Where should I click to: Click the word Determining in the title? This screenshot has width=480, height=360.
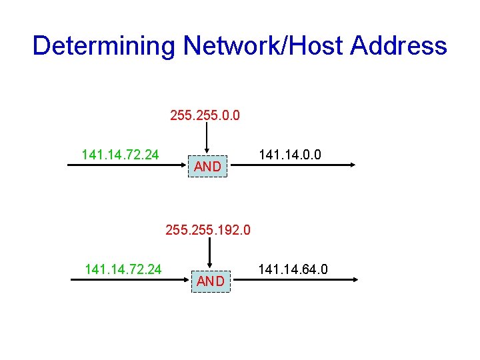click(x=103, y=46)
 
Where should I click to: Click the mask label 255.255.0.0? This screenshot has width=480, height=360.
click(x=205, y=117)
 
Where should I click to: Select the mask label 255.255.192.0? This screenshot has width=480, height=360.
click(x=208, y=231)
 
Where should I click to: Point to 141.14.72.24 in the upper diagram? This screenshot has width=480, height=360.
click(x=120, y=155)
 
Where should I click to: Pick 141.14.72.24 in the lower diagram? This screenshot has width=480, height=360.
click(x=124, y=269)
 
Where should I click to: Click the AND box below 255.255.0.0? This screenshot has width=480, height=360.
click(x=207, y=167)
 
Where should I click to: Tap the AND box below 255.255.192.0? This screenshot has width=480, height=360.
click(x=211, y=281)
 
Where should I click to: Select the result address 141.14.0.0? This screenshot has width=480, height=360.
click(x=290, y=155)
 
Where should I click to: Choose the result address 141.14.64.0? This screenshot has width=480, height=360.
click(x=293, y=269)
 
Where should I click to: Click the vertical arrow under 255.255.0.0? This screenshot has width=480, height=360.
click(x=207, y=140)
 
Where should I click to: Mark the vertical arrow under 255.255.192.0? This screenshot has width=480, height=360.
click(x=211, y=254)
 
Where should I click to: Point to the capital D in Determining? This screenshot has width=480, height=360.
click(x=41, y=46)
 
